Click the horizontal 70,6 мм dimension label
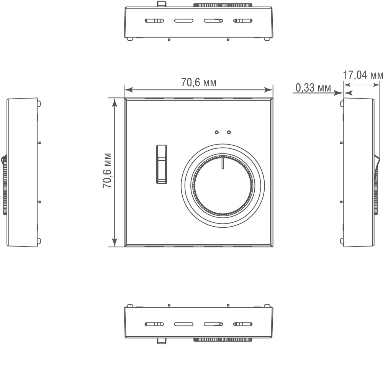[x=198, y=82]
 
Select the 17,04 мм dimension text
[x=362, y=75]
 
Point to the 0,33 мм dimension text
[x=313, y=88]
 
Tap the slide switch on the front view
[x=161, y=164]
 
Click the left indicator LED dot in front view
[x=217, y=132]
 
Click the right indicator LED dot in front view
[x=229, y=132]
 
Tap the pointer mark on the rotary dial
[x=222, y=163]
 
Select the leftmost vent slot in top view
[x=154, y=21]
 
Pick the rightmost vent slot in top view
[x=242, y=21]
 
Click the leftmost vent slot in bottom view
[x=154, y=324]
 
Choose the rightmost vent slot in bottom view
[x=242, y=324]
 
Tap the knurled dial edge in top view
[x=223, y=5]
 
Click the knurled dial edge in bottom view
[x=223, y=340]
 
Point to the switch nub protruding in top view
[x=162, y=4]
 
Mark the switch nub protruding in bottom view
[x=162, y=341]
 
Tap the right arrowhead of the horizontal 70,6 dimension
[x=270, y=90]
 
